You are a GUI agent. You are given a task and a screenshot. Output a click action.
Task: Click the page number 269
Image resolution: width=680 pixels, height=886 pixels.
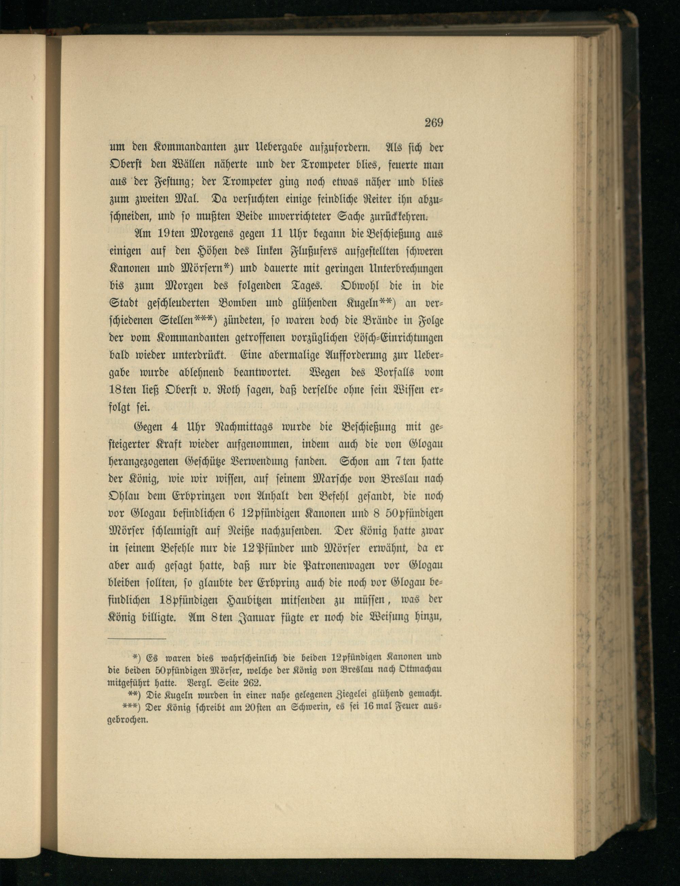click(434, 123)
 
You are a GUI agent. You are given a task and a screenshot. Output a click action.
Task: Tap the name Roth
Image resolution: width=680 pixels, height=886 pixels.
click(230, 390)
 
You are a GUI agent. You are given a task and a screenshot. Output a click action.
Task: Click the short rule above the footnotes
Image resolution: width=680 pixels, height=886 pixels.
click(137, 639)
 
